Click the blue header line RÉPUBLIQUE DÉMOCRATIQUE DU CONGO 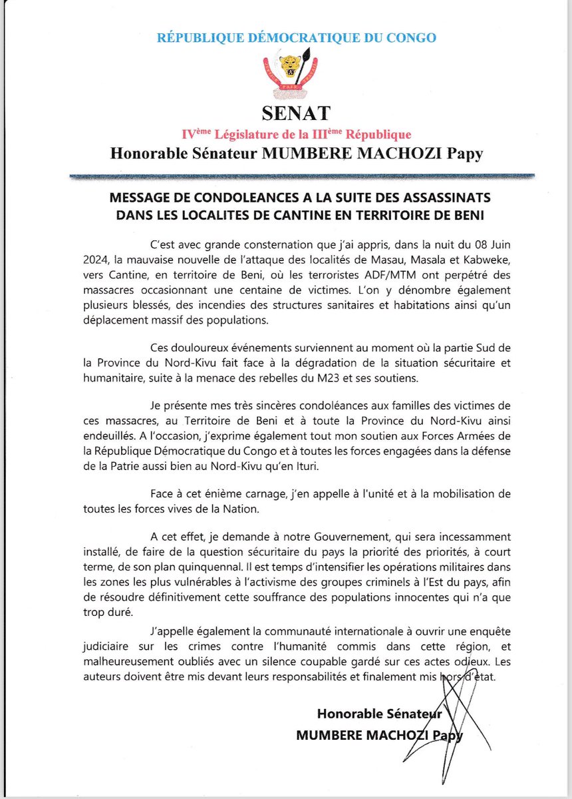point(296,38)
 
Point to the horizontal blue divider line point(303,176)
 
